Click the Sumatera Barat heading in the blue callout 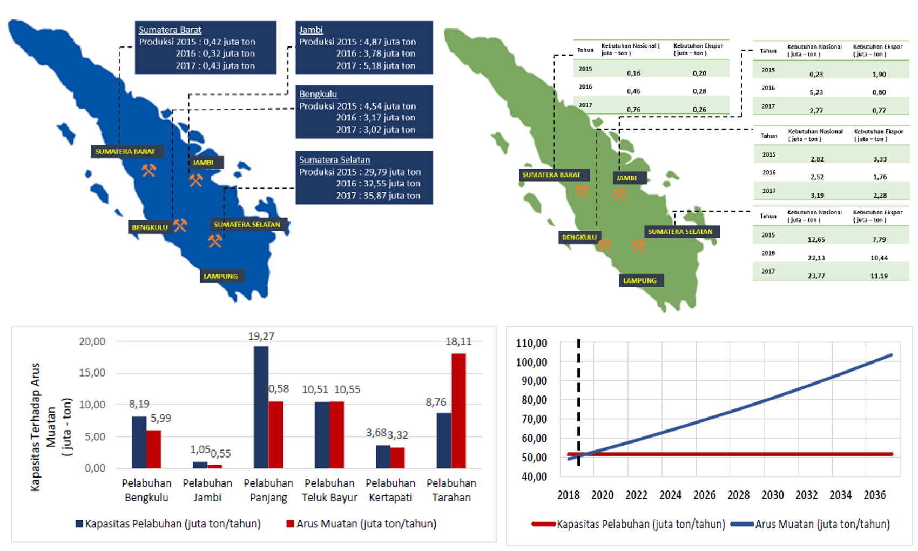[170, 30]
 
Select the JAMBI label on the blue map [203, 163]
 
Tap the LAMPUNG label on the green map [640, 281]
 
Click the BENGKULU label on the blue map [150, 227]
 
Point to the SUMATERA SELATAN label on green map [680, 232]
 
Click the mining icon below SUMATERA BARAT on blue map [148, 171]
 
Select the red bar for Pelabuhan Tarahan [458, 411]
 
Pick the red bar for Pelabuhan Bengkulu [154, 449]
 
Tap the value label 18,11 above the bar [458, 341]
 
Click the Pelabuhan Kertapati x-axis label [390, 490]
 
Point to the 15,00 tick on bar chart [92, 373]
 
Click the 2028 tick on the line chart [738, 495]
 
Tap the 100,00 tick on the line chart [531, 362]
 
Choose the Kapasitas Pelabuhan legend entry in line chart [640, 524]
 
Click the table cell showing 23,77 [816, 275]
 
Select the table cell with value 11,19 [879, 275]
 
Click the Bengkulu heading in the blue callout [318, 94]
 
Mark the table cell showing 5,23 [816, 92]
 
